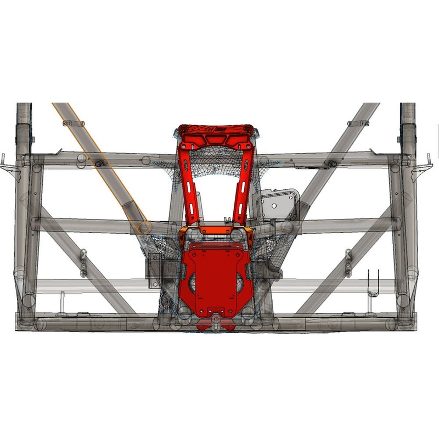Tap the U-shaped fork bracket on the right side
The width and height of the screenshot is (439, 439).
[373, 282]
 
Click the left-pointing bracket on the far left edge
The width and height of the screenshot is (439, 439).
[6, 162]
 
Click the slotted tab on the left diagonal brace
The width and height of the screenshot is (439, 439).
[83, 262]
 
